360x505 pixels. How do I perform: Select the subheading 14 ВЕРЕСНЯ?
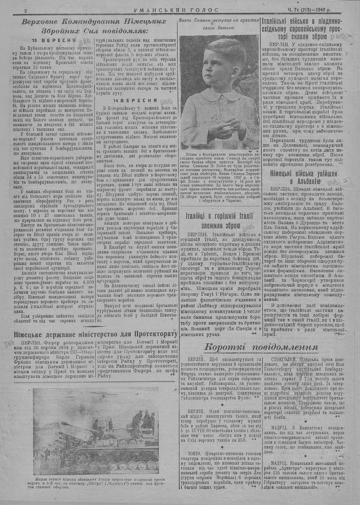(x=135, y=100)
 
